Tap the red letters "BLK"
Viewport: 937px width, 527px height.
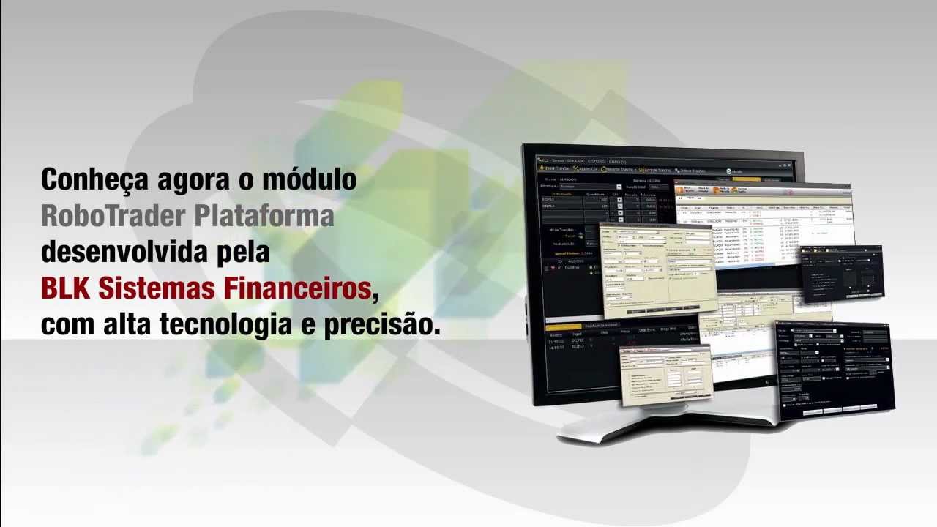click(x=64, y=289)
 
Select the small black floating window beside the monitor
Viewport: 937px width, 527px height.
click(x=842, y=273)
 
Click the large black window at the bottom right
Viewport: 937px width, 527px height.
click(x=835, y=370)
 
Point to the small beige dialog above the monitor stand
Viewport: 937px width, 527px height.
click(x=665, y=375)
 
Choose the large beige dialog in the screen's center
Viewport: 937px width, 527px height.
click(x=655, y=267)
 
